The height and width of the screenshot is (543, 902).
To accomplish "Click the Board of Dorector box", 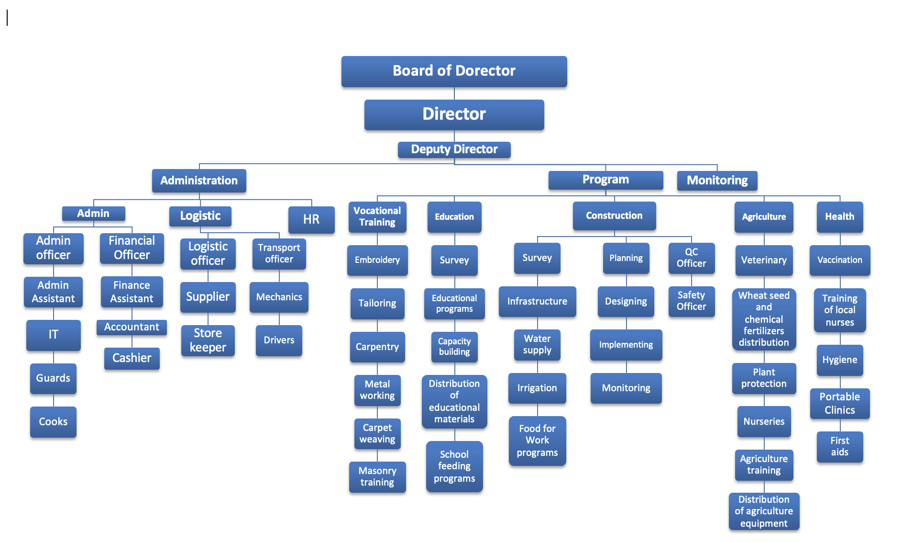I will pyautogui.click(x=454, y=71).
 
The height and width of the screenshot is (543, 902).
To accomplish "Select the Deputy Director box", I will pyautogui.click(x=454, y=149).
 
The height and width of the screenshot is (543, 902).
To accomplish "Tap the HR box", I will pyautogui.click(x=311, y=219).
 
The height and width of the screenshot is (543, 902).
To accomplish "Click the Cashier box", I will pyautogui.click(x=132, y=358).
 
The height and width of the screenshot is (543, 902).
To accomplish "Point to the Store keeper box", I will pyautogui.click(x=208, y=340).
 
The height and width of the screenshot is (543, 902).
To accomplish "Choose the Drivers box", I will pyautogui.click(x=279, y=340).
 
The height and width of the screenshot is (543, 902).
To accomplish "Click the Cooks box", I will pyautogui.click(x=53, y=421).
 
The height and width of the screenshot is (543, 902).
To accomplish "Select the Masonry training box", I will pyautogui.click(x=377, y=476).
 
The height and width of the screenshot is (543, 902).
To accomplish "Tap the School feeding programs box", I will pyautogui.click(x=454, y=466).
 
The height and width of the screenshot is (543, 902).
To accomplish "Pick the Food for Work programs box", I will pyautogui.click(x=537, y=441).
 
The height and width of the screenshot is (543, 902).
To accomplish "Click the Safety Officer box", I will pyautogui.click(x=691, y=301).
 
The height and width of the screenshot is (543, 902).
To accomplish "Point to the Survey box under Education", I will pyautogui.click(x=454, y=260).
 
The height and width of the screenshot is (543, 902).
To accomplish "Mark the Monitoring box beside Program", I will pyautogui.click(x=717, y=181).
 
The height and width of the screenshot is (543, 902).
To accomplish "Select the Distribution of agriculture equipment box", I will pyautogui.click(x=764, y=511).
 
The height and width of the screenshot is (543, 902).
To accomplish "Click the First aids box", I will pyautogui.click(x=839, y=446).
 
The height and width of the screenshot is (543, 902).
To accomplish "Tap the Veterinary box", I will pyautogui.click(x=764, y=260).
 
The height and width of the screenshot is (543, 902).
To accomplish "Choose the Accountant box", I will pyautogui.click(x=132, y=327).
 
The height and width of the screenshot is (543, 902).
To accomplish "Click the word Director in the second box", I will pyautogui.click(x=454, y=114).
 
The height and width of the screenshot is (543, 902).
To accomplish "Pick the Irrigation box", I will pyautogui.click(x=537, y=388).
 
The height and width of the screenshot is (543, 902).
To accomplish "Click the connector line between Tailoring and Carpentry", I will pyautogui.click(x=377, y=326).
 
